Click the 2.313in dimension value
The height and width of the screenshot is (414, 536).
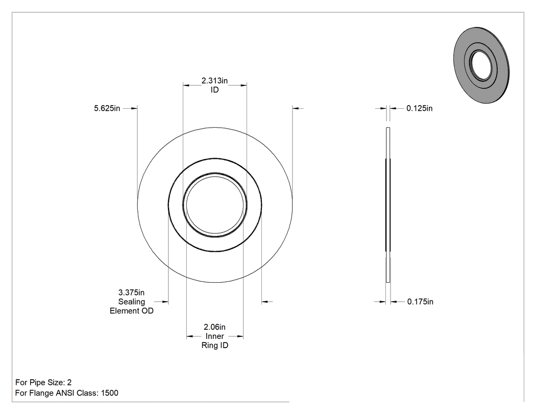point(214,81)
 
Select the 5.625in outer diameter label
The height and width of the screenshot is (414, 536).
point(107,108)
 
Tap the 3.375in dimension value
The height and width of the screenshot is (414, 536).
point(131,293)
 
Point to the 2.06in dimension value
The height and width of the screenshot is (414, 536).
point(215,327)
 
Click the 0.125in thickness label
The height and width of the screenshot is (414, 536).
point(420,108)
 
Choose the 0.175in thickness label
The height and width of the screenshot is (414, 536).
point(420,302)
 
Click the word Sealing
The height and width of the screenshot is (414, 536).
point(132,302)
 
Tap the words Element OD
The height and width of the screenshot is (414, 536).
point(132,311)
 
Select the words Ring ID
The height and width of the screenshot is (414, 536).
point(215,345)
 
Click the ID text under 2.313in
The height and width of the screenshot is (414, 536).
point(215,90)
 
